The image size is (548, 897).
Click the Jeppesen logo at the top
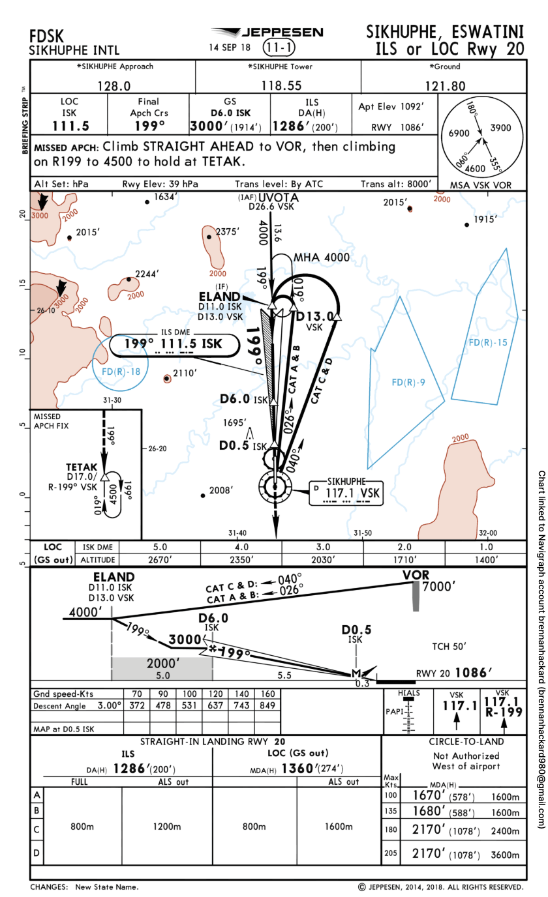[267, 32]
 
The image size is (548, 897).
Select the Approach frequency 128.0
[114, 85]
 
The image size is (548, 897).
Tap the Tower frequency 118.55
[281, 85]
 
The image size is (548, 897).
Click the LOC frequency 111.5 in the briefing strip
[69, 126]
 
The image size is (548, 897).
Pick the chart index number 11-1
[279, 47]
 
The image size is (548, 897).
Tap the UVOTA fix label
[279, 198]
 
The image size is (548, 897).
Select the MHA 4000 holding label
[322, 257]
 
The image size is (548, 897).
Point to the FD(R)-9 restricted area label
[408, 382]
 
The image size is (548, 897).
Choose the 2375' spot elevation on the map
[228, 231]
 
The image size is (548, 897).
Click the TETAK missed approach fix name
[82, 467]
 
